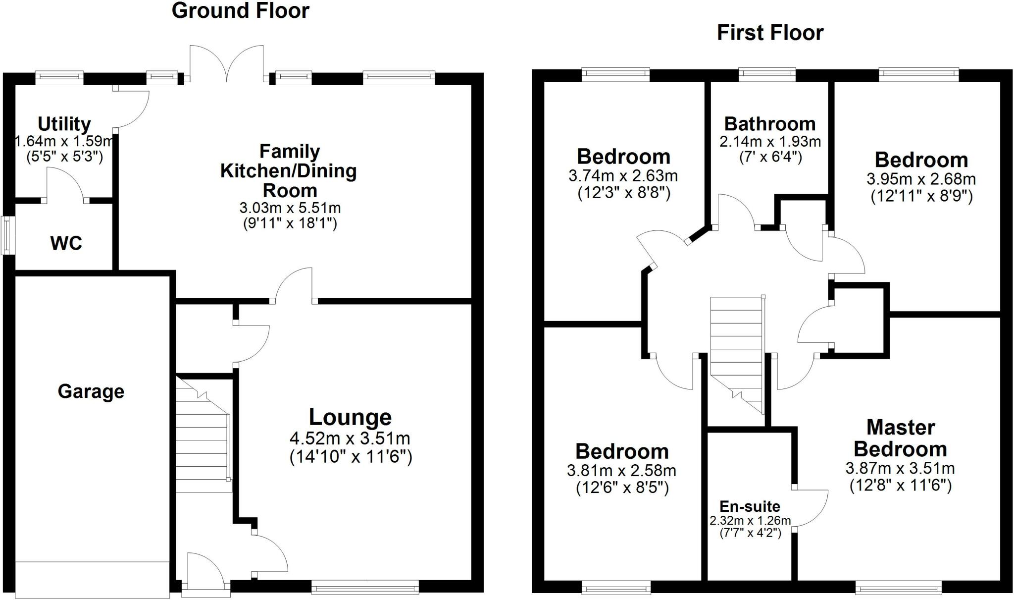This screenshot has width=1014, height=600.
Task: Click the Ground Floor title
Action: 240,11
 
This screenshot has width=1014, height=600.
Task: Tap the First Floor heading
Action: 770,33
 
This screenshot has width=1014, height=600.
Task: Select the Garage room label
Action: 91,391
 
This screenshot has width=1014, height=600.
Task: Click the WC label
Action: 66,243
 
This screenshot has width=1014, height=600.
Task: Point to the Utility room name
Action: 64,123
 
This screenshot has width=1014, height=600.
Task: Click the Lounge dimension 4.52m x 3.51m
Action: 350,438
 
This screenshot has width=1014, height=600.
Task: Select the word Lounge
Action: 350,417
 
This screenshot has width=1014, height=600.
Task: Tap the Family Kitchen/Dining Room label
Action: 289,170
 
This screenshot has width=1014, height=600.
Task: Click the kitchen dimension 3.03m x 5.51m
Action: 290,208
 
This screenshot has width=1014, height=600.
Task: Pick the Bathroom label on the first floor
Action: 769,123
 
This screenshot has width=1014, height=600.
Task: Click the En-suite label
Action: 750,506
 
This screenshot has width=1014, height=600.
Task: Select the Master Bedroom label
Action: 900,438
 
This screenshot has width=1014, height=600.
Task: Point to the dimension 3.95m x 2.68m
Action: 921,179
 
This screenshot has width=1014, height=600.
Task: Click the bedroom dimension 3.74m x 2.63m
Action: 623,175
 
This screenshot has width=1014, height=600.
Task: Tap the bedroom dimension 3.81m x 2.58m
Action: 621,470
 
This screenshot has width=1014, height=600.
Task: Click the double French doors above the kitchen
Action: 227,64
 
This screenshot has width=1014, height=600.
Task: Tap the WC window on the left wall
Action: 7,235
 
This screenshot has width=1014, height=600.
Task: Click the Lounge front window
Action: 365,588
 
